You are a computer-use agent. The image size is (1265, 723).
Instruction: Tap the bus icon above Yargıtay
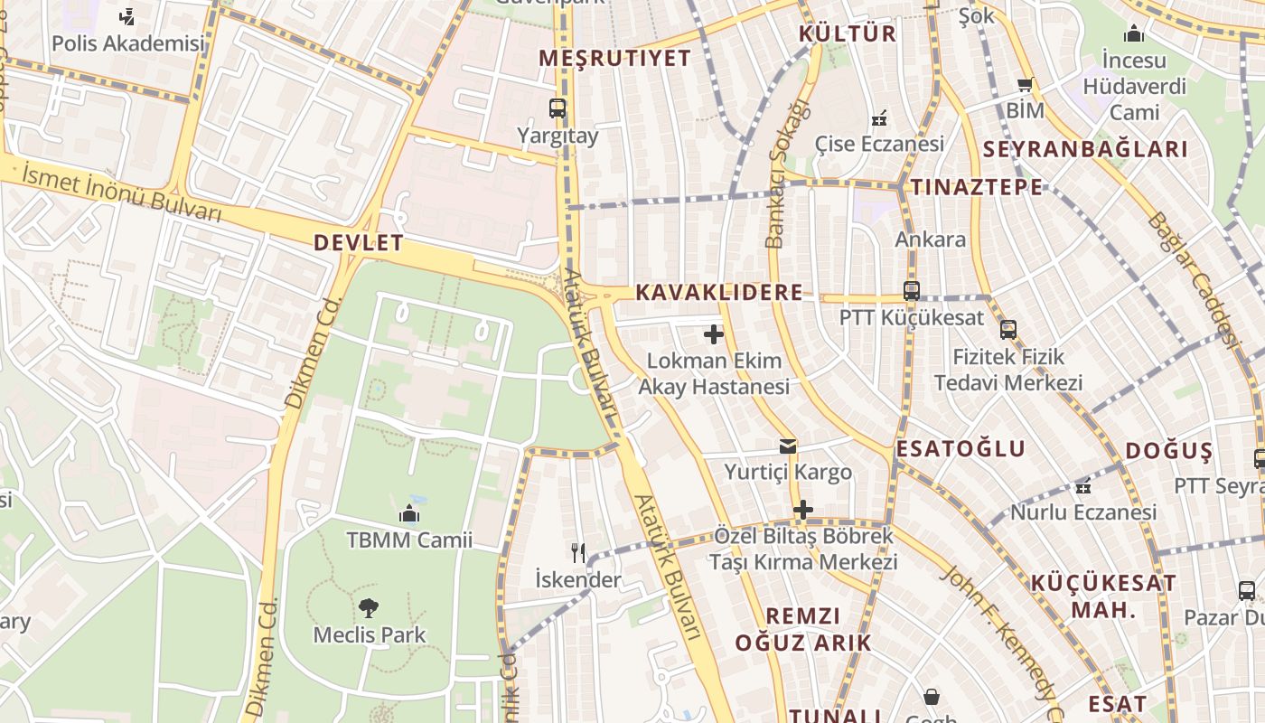point(558,108)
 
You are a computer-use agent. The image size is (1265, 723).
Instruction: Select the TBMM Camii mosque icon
point(408,514)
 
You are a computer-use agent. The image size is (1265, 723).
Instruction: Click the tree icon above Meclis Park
point(368,607)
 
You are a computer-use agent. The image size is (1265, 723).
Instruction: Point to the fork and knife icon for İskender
point(578,552)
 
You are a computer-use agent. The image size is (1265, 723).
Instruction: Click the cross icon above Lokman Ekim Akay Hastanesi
point(714,335)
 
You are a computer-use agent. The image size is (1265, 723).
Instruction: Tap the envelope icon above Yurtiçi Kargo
point(788,446)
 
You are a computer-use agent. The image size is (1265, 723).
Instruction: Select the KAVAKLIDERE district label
point(719,292)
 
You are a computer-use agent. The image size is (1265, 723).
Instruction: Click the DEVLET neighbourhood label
point(358,242)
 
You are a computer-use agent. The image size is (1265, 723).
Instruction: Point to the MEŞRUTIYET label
point(614,59)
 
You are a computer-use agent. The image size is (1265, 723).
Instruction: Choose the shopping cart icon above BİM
point(1025,85)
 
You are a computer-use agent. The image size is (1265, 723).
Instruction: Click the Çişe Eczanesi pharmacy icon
point(878,118)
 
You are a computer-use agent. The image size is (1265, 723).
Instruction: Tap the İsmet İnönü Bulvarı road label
point(122,192)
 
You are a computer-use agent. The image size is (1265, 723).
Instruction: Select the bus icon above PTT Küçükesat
point(911,291)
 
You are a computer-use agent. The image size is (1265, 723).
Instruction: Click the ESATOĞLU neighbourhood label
point(960,449)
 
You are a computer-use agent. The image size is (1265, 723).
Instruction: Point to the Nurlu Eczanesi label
point(1083,512)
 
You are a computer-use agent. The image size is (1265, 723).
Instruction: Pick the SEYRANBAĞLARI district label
point(1084,149)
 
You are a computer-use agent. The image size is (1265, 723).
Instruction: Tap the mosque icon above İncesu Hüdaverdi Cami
point(1133,34)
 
